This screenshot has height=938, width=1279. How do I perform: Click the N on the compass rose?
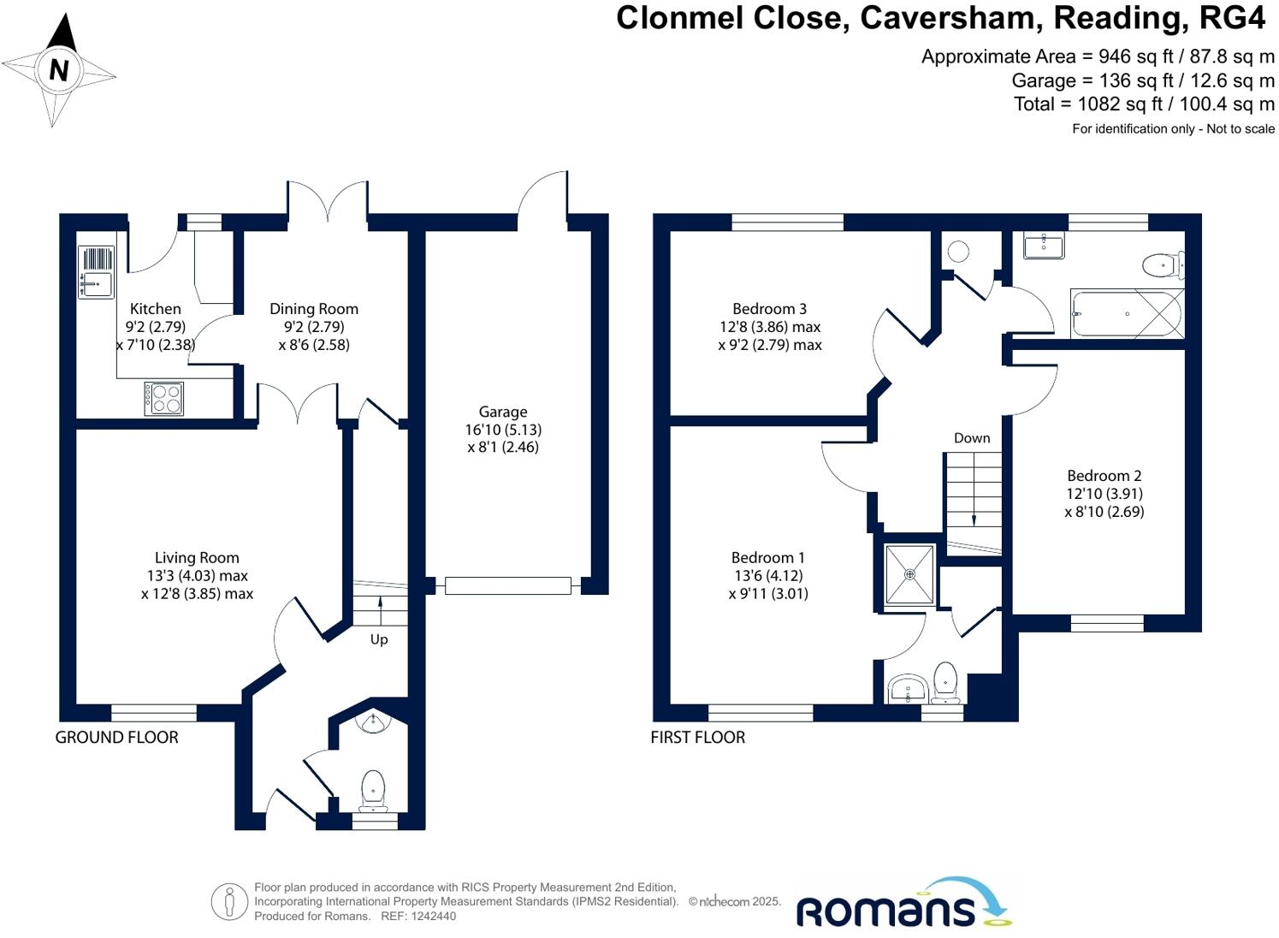(58, 69)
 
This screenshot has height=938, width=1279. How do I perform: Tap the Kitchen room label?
(155, 309)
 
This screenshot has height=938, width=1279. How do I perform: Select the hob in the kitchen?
(164, 398)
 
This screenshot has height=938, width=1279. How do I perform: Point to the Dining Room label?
(314, 309)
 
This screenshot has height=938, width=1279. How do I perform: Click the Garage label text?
(503, 412)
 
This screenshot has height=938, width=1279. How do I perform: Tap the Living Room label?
(197, 557)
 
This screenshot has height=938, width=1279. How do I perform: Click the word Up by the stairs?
(379, 639)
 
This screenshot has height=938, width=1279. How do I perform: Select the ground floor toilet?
(373, 789)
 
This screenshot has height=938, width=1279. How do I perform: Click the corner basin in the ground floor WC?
(374, 724)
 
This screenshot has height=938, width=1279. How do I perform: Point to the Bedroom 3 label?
(769, 309)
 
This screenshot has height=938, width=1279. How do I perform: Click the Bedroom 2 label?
(1104, 476)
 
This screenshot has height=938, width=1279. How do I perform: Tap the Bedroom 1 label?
(768, 557)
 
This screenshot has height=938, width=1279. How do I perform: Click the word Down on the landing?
(972, 438)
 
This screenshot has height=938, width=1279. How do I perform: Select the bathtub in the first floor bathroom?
(1127, 314)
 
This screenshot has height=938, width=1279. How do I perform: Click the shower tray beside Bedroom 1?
(909, 574)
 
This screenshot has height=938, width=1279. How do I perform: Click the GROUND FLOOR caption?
(117, 737)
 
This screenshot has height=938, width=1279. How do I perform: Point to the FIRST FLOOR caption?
(697, 737)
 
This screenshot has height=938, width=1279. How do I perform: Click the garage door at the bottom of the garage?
(508, 585)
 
